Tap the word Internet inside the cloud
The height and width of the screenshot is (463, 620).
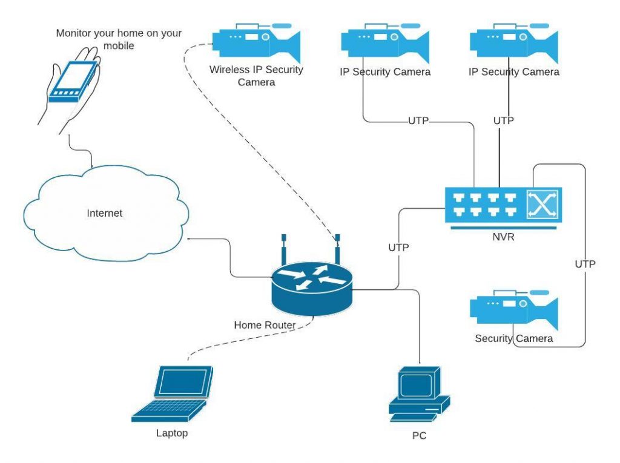pyautogui.click(x=104, y=213)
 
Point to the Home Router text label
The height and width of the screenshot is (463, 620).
pyautogui.click(x=265, y=325)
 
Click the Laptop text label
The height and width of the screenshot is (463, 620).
pyautogui.click(x=172, y=433)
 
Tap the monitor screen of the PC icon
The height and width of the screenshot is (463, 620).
pyautogui.click(x=417, y=385)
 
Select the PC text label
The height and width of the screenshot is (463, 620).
pyautogui.click(x=418, y=435)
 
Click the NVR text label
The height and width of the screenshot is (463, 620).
pyautogui.click(x=503, y=237)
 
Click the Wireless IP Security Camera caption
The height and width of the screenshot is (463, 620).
pyautogui.click(x=256, y=76)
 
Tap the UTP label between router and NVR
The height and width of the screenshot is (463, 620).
pyautogui.click(x=398, y=248)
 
